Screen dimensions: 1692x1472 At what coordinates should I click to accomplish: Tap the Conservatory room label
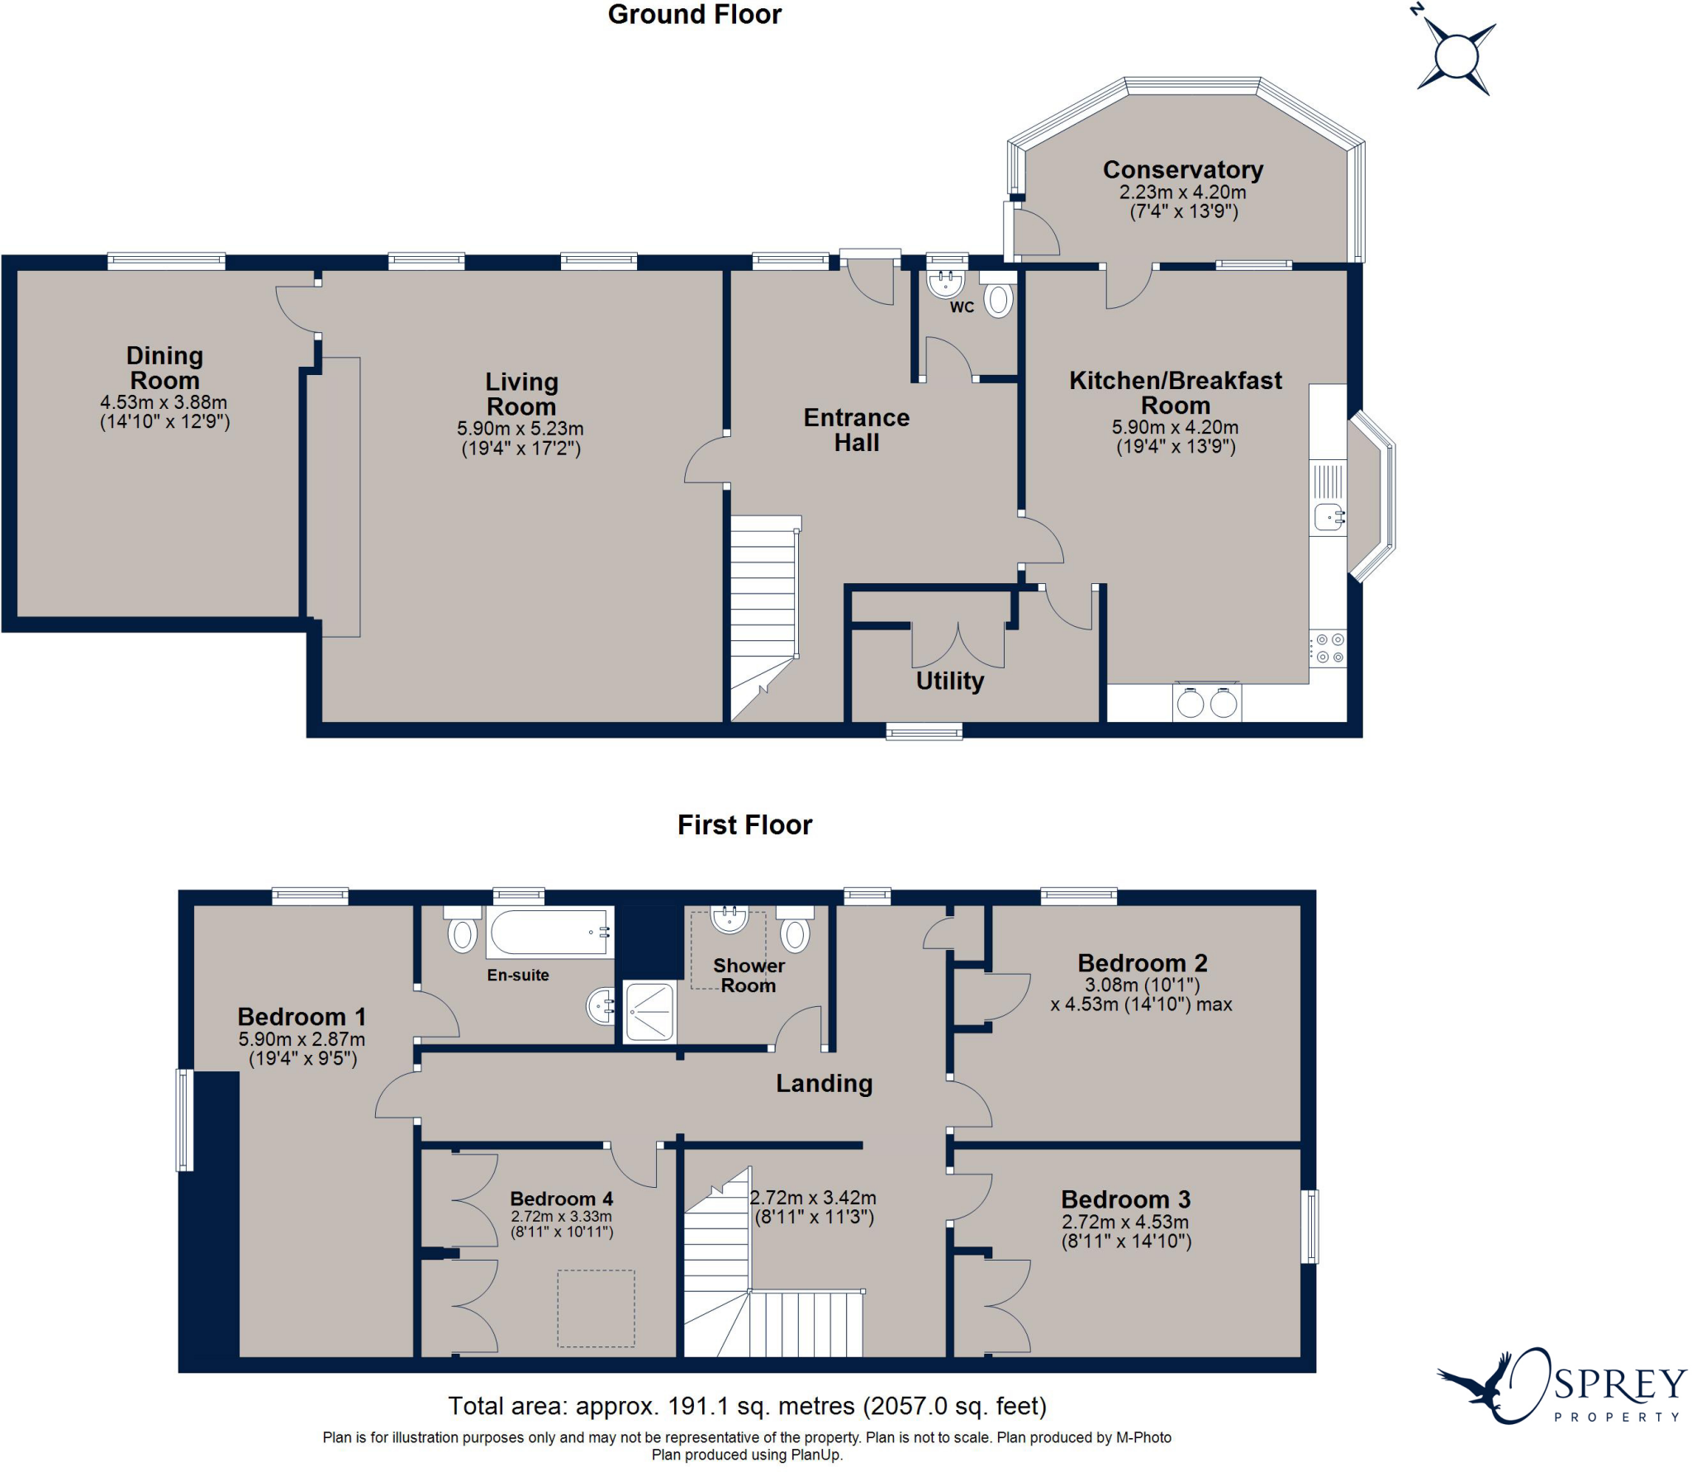point(1183,169)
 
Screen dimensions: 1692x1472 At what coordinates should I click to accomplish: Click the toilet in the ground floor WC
point(999,296)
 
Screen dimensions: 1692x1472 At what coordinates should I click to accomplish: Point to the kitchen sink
point(1328,517)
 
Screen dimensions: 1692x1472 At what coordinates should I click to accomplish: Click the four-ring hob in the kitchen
point(1328,648)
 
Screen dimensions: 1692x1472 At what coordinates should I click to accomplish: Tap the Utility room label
point(950,681)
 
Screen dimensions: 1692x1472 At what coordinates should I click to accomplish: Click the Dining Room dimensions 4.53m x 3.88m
point(164,402)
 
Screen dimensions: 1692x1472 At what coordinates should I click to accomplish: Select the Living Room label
point(521,394)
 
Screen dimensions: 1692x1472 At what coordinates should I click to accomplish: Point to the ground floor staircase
point(765,619)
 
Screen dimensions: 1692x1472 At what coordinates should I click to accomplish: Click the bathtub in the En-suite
point(549,932)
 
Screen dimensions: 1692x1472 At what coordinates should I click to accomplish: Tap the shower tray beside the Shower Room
point(649,1012)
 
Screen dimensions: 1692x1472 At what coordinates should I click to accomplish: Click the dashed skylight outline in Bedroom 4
point(596,1308)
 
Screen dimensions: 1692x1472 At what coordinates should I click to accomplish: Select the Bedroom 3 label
point(1126,1199)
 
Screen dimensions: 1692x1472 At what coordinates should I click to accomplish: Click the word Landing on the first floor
point(824,1083)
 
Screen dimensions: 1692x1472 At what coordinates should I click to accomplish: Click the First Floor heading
point(744,824)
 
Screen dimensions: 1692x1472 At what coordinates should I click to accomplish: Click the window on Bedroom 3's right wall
point(1309,1226)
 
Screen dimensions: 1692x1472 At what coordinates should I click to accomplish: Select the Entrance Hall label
point(857,430)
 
